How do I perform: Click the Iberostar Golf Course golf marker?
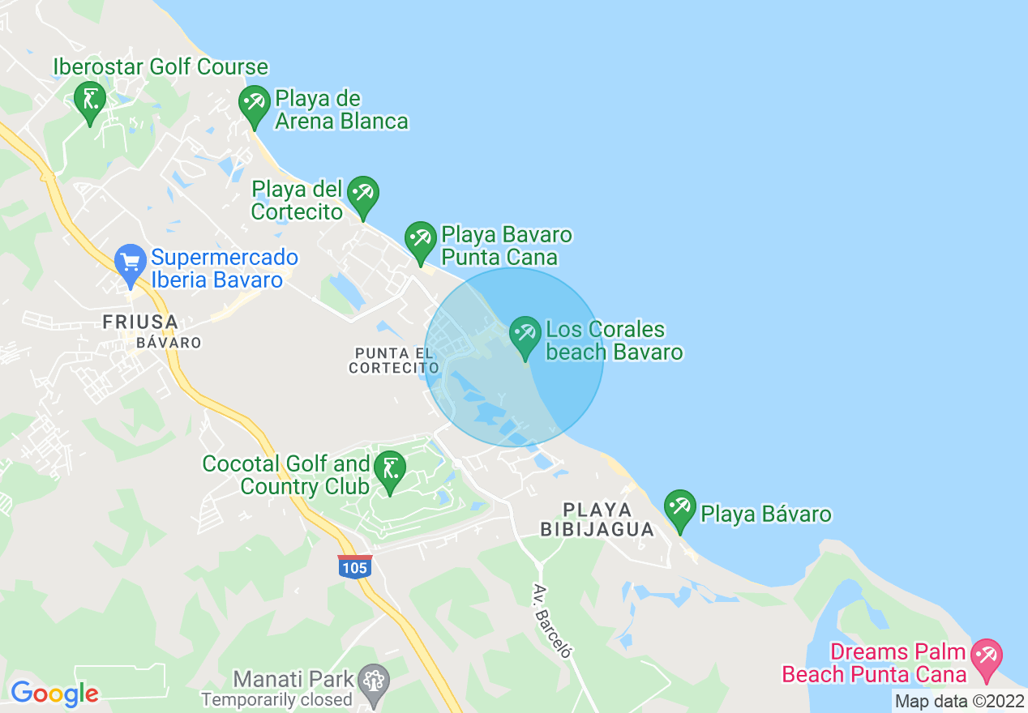pos(90,101)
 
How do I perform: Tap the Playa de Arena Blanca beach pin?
pos(255,105)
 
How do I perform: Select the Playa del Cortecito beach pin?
pos(362,195)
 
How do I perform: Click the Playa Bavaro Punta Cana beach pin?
pos(420,241)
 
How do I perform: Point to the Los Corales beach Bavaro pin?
pos(525,335)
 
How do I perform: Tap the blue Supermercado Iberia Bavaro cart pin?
pos(131,264)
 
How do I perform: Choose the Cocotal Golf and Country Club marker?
pos(390,470)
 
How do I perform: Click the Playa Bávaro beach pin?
pos(680,509)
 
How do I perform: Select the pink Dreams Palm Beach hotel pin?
pos(987,658)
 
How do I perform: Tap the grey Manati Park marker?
pos(374,679)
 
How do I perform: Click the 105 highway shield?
pos(355,566)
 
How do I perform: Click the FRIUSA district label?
pos(140,322)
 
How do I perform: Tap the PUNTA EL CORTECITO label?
pos(394,361)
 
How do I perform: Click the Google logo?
pos(54,694)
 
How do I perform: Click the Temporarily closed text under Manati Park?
pos(276,699)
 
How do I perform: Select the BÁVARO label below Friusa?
pos(169,343)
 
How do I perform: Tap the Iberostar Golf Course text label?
pos(161,66)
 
